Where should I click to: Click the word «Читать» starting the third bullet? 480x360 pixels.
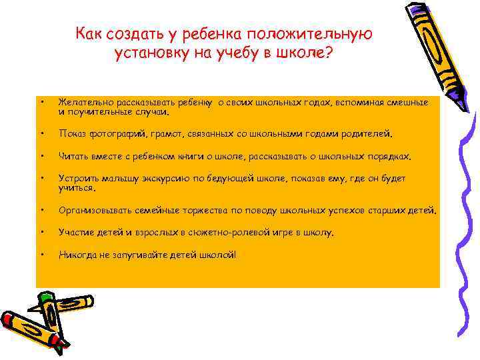pyautogui.click(x=71, y=157)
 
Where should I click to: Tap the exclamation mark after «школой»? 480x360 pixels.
pyautogui.click(x=235, y=254)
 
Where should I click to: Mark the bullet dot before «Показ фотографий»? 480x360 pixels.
pyautogui.click(x=42, y=133)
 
